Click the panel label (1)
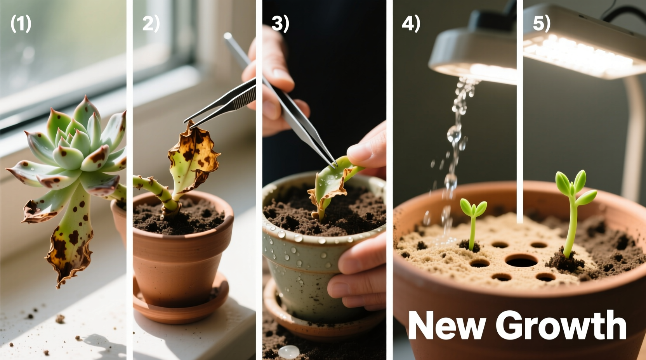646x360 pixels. click(x=21, y=24)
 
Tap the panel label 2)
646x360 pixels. click(x=151, y=24)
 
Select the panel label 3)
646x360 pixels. click(x=280, y=24)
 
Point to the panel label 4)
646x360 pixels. click(x=411, y=24)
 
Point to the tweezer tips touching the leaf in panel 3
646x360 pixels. click(x=333, y=165)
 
